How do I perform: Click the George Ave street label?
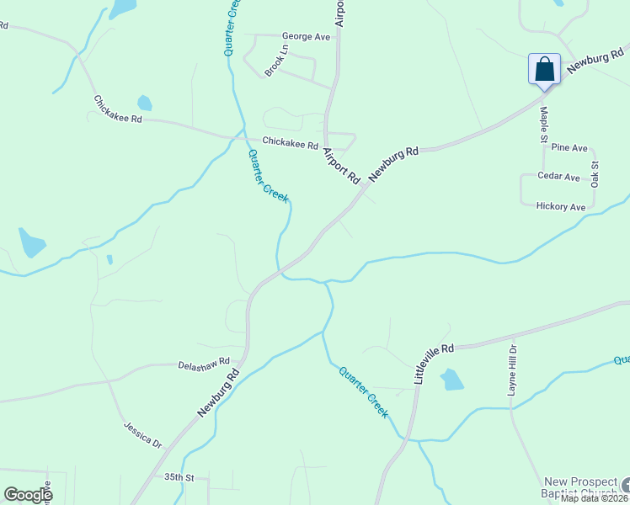click(307, 37)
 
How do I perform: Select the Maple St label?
click(543, 123)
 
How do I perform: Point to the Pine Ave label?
click(569, 147)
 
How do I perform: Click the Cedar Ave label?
click(559, 178)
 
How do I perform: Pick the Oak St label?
click(595, 173)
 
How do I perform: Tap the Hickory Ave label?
click(560, 207)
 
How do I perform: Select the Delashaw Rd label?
click(204, 364)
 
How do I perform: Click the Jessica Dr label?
click(142, 434)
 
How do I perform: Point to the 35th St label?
click(179, 477)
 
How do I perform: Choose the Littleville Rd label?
click(434, 364)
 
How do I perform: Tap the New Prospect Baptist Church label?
click(580, 486)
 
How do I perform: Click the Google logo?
click(28, 495)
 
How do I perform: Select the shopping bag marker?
click(544, 68)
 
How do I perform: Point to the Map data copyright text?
click(595, 498)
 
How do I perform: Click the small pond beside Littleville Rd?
click(451, 380)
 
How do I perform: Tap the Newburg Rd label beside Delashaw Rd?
click(219, 392)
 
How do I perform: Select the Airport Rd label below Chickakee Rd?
click(342, 165)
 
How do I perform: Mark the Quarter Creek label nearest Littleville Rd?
click(363, 391)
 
